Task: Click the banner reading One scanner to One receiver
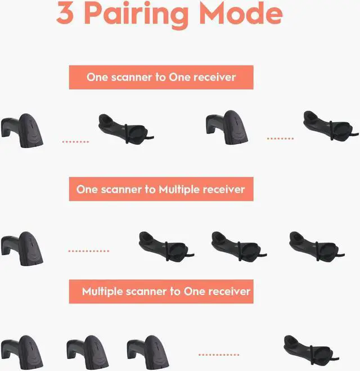pos(161,77)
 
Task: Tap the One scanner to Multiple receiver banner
pos(161,189)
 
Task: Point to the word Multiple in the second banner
pos(181,189)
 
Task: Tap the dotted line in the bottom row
pos(218,355)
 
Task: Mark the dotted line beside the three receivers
pos(89,251)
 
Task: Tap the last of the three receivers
pos(312,247)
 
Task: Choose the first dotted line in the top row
pos(75,142)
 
